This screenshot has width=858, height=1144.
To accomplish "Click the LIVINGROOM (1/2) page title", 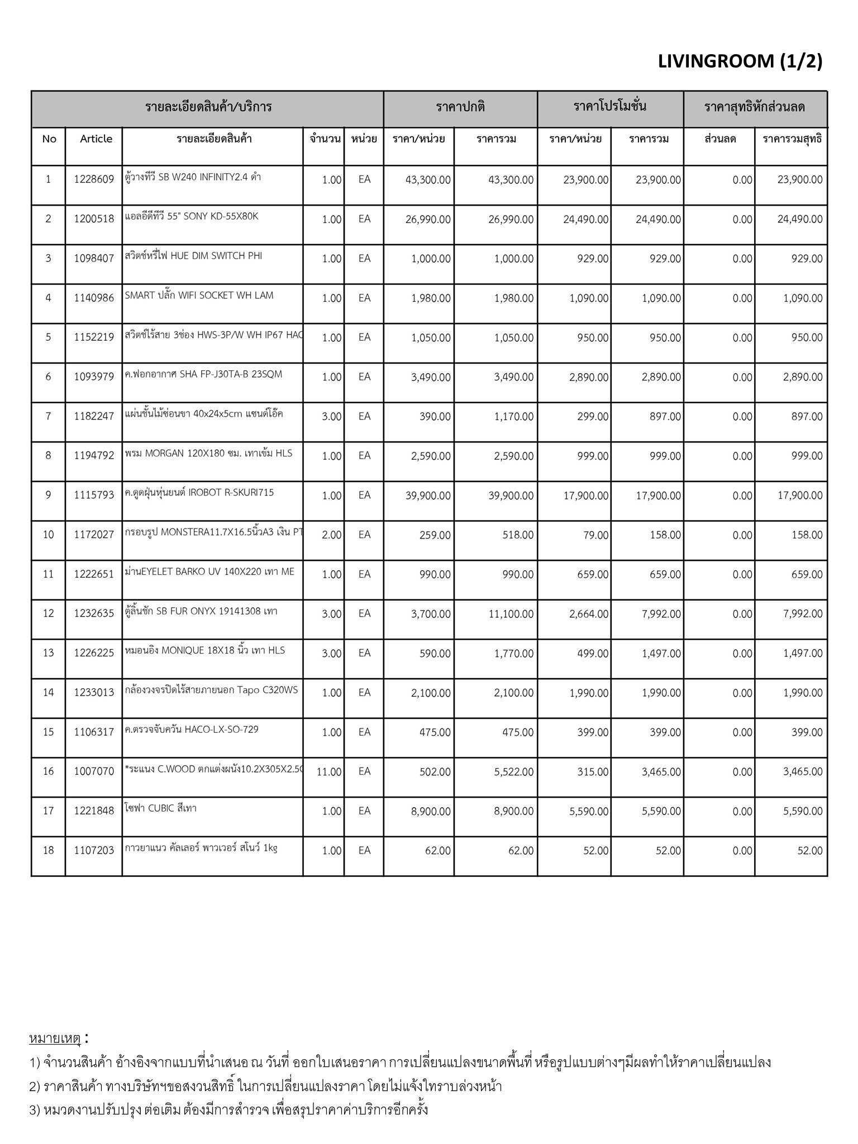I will (740, 62).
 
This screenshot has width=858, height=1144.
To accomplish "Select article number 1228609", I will (94, 180).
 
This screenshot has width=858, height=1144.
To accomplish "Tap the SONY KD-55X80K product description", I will (192, 217).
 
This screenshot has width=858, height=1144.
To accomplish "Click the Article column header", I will (96, 139).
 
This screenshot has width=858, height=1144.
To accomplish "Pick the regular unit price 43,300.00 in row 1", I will (428, 180).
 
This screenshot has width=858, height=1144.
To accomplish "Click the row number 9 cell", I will (49, 495).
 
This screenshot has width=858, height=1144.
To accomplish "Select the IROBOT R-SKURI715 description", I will (199, 493).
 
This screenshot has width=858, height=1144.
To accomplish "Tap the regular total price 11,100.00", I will (511, 614).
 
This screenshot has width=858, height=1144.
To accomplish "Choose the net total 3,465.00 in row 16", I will (802, 772).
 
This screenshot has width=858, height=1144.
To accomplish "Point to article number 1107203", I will (94, 851).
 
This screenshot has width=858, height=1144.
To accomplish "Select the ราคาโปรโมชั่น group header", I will (610, 106).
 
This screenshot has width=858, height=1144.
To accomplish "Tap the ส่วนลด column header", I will (720, 139).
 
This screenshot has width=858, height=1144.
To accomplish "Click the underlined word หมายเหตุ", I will (55, 1039).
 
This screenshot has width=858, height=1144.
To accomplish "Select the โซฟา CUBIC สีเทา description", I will (161, 808).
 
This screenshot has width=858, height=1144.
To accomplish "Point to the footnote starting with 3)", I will (229, 1109).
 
